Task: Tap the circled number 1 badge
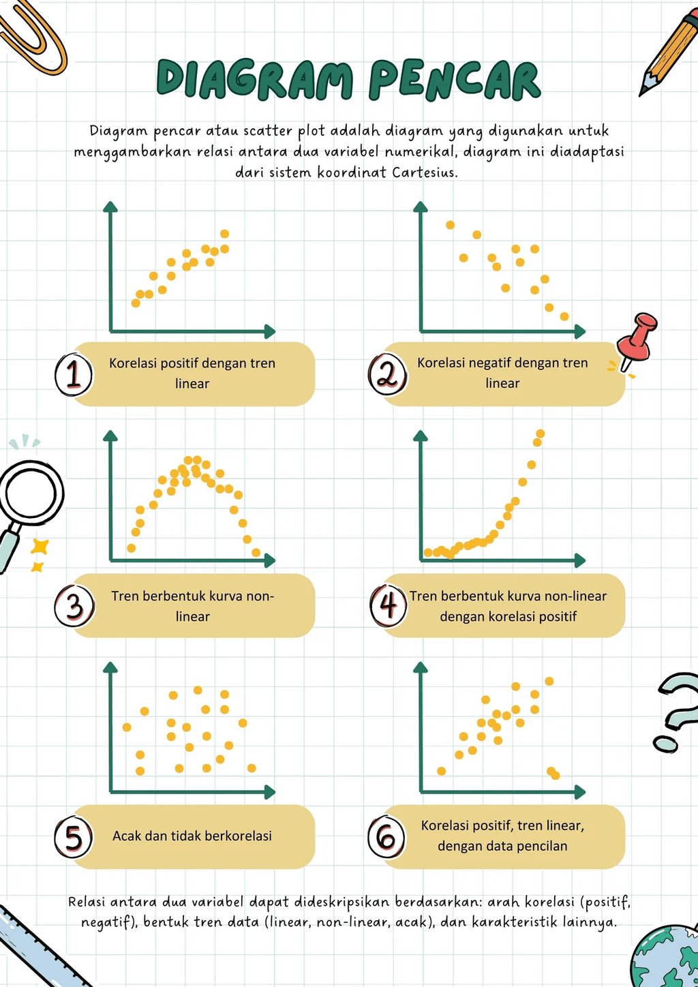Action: pyautogui.click(x=74, y=374)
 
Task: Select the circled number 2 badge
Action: pyautogui.click(x=387, y=374)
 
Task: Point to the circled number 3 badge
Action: pyautogui.click(x=74, y=606)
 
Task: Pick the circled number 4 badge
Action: pyautogui.click(x=388, y=605)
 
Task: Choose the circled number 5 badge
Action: pyautogui.click(x=74, y=837)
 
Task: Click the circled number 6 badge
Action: pyautogui.click(x=386, y=836)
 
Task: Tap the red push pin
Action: pyautogui.click(x=637, y=340)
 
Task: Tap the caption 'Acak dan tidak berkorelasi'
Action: pyautogui.click(x=192, y=836)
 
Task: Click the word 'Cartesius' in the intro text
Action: pyautogui.click(x=424, y=172)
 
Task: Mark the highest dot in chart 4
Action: pyautogui.click(x=541, y=434)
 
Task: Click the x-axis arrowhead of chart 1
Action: pyautogui.click(x=270, y=332)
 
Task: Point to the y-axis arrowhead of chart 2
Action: pyautogui.click(x=421, y=207)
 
